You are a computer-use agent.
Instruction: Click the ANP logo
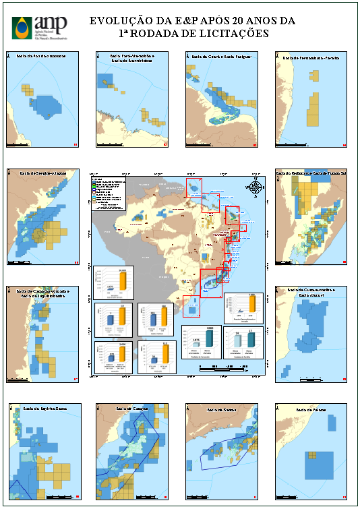(40, 26)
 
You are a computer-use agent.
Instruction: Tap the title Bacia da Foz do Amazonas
(42, 57)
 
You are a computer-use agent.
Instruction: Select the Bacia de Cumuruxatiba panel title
(311, 293)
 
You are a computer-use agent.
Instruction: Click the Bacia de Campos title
(132, 409)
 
